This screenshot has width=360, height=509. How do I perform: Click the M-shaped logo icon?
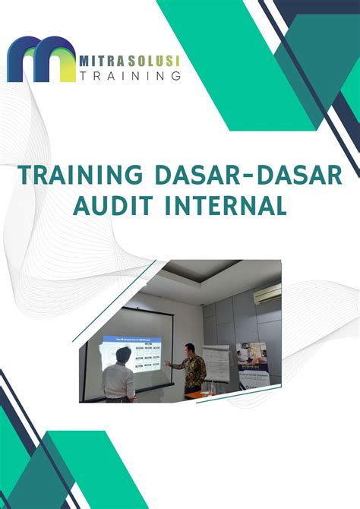(x=41, y=58)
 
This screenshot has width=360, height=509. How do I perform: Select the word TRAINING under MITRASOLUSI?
(x=130, y=76)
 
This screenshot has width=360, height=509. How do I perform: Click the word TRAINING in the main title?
(x=79, y=176)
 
